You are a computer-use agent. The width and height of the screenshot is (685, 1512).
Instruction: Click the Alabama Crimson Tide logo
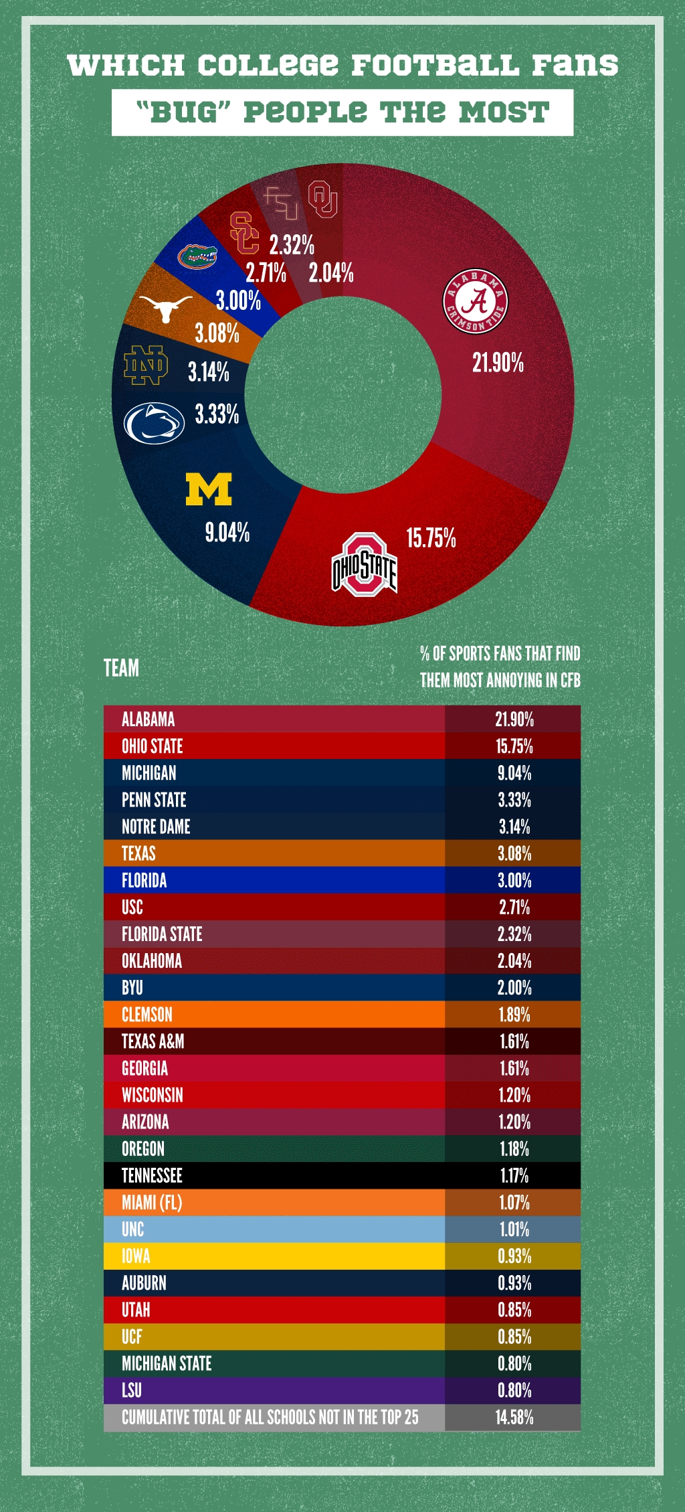point(476,301)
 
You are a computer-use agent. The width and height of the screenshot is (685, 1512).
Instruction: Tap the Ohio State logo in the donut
point(365,565)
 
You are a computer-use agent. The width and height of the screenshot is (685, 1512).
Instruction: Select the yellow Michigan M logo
point(209,489)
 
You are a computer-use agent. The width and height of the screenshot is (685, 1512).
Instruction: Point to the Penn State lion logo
point(154,423)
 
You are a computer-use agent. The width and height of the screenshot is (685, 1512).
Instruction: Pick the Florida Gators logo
point(197,256)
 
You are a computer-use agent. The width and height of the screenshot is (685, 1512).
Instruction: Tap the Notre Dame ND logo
point(146,365)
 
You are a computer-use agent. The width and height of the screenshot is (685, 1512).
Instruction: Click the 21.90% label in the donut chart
point(498,363)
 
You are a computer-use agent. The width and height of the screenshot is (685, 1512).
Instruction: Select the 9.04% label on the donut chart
point(227,533)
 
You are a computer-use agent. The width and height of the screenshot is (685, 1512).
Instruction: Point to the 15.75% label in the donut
point(431,537)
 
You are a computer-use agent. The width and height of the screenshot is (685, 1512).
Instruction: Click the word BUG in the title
point(183,112)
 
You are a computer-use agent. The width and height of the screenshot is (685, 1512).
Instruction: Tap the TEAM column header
point(121,668)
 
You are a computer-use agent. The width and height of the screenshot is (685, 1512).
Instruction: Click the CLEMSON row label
point(147,1015)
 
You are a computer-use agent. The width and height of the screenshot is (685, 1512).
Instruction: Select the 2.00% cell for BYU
point(514,988)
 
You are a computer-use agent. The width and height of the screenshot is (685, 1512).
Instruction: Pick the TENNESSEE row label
point(152,1176)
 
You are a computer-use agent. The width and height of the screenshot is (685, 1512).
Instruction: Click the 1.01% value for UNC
point(514,1230)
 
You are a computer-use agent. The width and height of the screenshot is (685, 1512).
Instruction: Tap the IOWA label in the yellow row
point(136,1256)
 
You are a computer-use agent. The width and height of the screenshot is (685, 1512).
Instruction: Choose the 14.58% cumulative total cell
point(514,1418)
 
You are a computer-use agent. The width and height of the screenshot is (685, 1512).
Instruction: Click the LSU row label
point(132,1391)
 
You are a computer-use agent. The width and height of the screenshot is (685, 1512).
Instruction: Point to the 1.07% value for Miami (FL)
point(514,1203)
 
